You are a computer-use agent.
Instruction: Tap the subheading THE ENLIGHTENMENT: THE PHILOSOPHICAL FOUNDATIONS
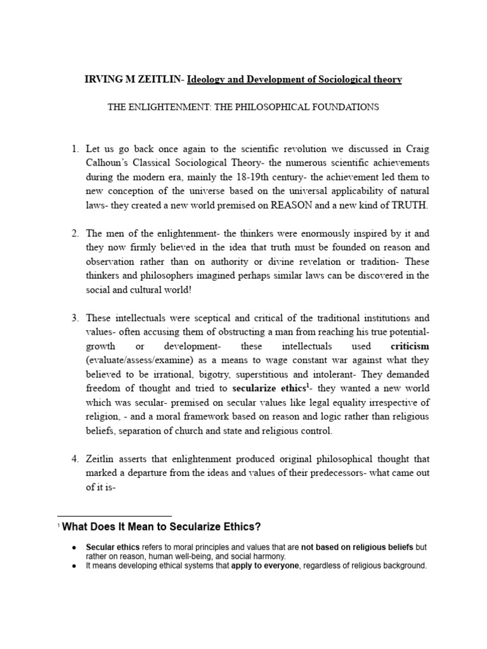243,107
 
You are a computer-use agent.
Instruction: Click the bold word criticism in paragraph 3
410,346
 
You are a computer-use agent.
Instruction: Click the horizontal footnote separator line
114,516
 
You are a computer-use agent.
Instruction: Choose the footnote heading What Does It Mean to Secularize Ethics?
161,527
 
